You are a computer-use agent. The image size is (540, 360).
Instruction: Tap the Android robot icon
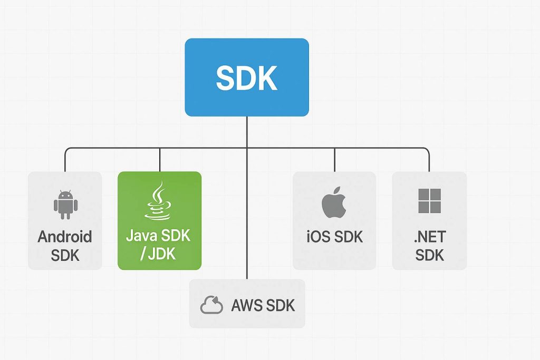65,205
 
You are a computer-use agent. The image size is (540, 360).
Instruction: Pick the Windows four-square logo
429,201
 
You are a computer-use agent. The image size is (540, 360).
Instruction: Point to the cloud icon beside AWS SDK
212,306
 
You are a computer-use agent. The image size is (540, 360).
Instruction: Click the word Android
65,237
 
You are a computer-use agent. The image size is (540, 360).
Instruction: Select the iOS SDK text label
334,237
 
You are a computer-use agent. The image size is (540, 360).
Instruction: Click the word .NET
429,237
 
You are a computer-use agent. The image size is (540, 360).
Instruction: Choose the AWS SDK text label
263,306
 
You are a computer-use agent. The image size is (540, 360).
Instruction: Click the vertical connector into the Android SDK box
65,160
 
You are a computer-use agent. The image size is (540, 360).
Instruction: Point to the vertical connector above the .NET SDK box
429,160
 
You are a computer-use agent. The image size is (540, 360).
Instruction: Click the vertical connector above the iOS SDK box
334,160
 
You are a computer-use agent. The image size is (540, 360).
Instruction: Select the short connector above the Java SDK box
160,160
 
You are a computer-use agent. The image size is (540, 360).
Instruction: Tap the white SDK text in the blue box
246,78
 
